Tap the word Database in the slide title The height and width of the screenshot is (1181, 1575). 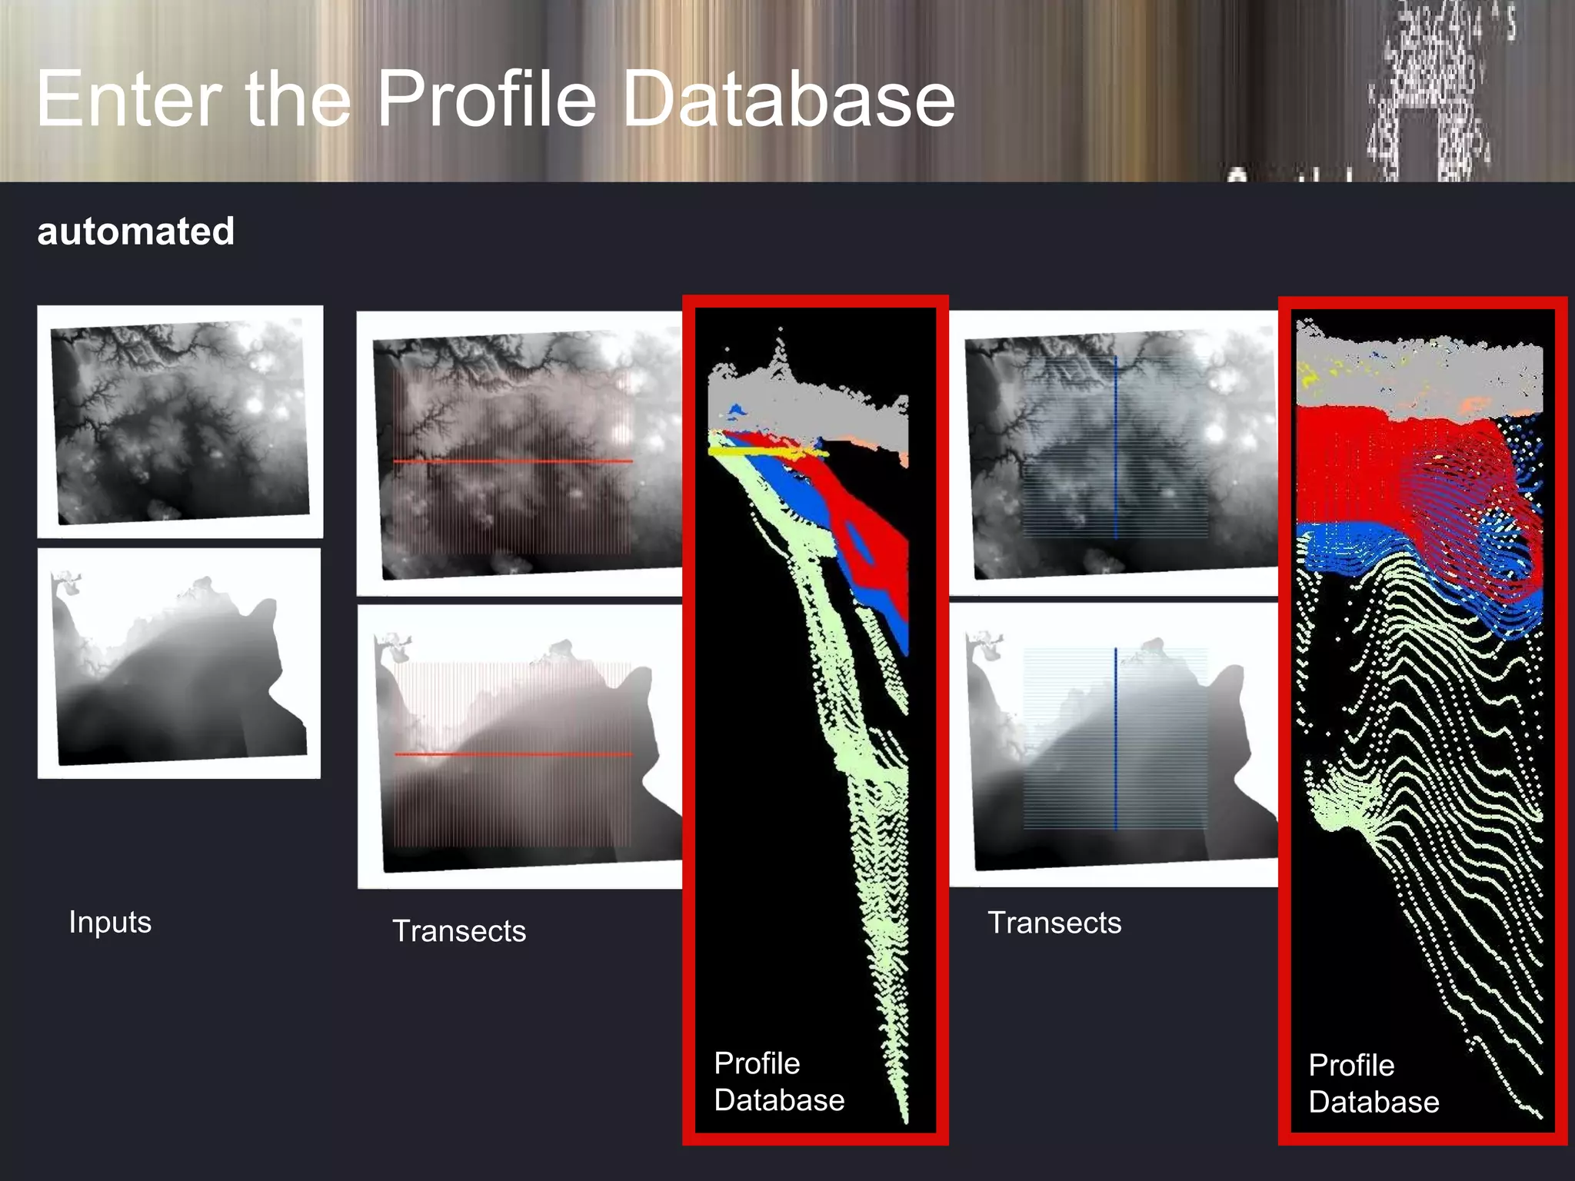pyautogui.click(x=787, y=100)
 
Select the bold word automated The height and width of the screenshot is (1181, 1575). pyautogui.click(x=136, y=231)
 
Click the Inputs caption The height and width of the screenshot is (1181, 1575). pyautogui.click(x=110, y=922)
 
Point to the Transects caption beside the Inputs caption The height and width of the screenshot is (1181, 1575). pyautogui.click(x=459, y=931)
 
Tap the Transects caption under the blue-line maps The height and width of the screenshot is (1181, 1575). pyautogui.click(x=1054, y=923)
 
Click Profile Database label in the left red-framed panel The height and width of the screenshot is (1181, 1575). pyautogui.click(x=778, y=1082)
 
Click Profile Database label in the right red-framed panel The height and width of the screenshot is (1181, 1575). pyautogui.click(x=1374, y=1084)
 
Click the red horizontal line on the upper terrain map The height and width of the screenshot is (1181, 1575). pyautogui.click(x=512, y=461)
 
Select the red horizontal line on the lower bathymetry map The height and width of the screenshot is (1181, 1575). pyautogui.click(x=512, y=754)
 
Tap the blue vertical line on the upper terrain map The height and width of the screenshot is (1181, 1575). pyautogui.click(x=1115, y=446)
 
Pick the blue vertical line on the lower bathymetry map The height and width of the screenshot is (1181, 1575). pyautogui.click(x=1115, y=738)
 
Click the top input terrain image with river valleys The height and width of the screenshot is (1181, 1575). pyautogui.click(x=180, y=422)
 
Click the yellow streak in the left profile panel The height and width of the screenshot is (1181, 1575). pyautogui.click(x=761, y=453)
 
